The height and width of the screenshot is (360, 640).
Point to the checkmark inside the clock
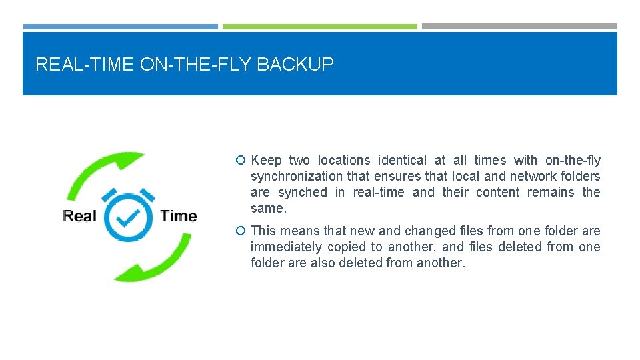tap(129, 217)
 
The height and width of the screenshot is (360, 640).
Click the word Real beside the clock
tap(79, 216)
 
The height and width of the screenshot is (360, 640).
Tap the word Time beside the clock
tap(179, 216)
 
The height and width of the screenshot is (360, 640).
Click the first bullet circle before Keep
tap(241, 161)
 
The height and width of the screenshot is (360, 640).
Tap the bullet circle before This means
tap(241, 231)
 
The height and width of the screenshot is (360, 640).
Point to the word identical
tap(402, 161)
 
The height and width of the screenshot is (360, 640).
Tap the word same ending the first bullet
tap(267, 209)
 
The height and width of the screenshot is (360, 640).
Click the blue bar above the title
tap(120, 27)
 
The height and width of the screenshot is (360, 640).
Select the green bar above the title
tap(320, 27)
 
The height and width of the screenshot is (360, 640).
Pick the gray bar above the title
tap(519, 27)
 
